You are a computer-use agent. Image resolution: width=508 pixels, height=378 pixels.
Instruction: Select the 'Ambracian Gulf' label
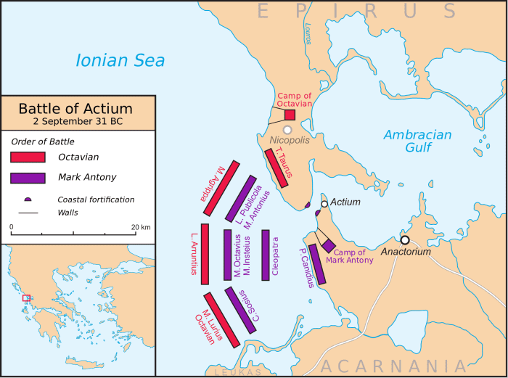[x=417, y=141]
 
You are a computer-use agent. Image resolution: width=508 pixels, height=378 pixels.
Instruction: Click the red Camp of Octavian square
[x=290, y=115]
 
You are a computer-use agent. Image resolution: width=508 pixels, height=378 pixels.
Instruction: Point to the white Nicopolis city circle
[x=288, y=129]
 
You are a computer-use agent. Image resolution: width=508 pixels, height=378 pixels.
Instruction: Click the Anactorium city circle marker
[x=405, y=240]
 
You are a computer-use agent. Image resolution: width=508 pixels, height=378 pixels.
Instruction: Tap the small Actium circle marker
[x=324, y=204]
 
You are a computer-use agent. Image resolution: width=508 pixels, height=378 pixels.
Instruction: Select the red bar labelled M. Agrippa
[x=221, y=188]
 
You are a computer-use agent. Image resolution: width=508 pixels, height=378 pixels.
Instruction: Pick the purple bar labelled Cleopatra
[x=266, y=255]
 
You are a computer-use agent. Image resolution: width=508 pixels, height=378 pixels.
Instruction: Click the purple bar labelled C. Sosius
[x=240, y=311]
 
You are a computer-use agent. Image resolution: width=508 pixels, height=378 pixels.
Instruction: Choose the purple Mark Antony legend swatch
[x=28, y=177]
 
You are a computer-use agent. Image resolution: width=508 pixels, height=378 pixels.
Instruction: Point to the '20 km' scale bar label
[x=141, y=228]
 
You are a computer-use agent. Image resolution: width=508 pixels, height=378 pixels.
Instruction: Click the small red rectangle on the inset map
[x=27, y=297]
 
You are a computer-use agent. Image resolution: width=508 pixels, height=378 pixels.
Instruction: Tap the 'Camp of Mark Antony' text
[x=349, y=256]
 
